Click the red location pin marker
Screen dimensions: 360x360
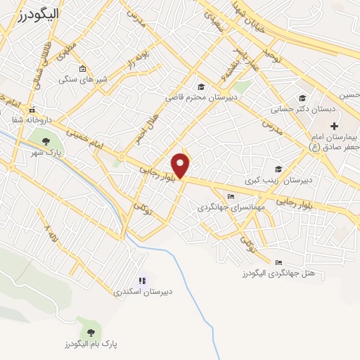[x=181, y=165]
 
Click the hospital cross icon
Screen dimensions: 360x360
[x=334, y=124]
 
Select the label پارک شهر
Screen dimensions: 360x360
[x=50, y=151]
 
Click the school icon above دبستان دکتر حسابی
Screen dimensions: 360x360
[x=302, y=98]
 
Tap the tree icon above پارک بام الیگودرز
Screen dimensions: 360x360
[x=89, y=331]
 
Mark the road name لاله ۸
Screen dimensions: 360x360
[x=49, y=235]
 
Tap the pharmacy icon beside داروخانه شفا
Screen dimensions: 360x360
[x=32, y=110]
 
